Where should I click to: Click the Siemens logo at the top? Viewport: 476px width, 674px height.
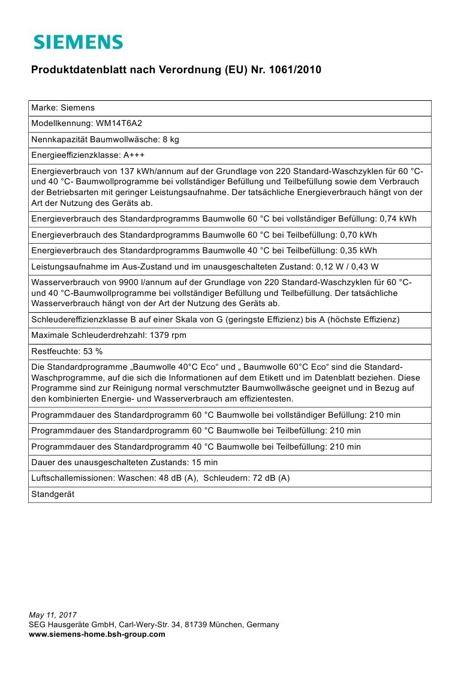pos(78,42)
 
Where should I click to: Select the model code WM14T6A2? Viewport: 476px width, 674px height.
pos(119,124)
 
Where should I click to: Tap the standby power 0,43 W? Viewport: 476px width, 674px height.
pos(367,266)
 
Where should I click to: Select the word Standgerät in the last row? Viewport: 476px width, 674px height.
pos(52,494)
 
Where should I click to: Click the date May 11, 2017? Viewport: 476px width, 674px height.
pos(53,615)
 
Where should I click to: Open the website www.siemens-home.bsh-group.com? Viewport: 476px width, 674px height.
pos(97,634)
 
